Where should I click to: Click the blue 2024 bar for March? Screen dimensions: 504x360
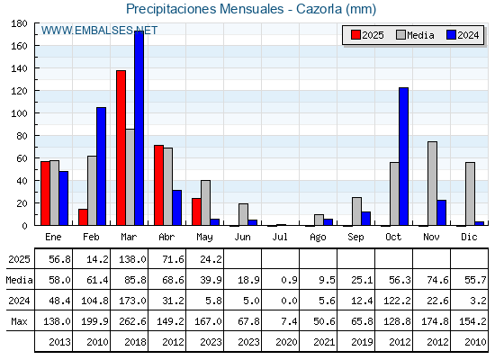coord(139,128)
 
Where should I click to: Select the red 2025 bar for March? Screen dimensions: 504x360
coord(121,148)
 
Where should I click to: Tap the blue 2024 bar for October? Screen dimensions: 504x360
coord(404,157)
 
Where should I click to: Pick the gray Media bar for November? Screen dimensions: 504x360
coord(432,184)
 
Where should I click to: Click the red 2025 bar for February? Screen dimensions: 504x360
coord(83,217)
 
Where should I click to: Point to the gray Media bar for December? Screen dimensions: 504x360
coord(470,193)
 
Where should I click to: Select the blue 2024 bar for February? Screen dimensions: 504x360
coord(101,166)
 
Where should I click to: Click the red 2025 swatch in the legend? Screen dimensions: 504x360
coord(355,35)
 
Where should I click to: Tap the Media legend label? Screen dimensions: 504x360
coord(420,35)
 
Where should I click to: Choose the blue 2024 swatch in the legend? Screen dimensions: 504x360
coord(451,35)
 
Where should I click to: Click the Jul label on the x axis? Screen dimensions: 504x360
coord(280,237)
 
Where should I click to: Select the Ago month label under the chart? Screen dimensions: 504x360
coord(318,238)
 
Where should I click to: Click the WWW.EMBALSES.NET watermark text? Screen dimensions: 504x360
coord(99,31)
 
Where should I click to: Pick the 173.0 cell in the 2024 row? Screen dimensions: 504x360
coord(132,301)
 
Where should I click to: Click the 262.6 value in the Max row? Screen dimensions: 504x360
coord(132,321)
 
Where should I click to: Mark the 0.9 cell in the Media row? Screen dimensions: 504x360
coord(289,280)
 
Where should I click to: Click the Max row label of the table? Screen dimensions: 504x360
coord(19,321)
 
